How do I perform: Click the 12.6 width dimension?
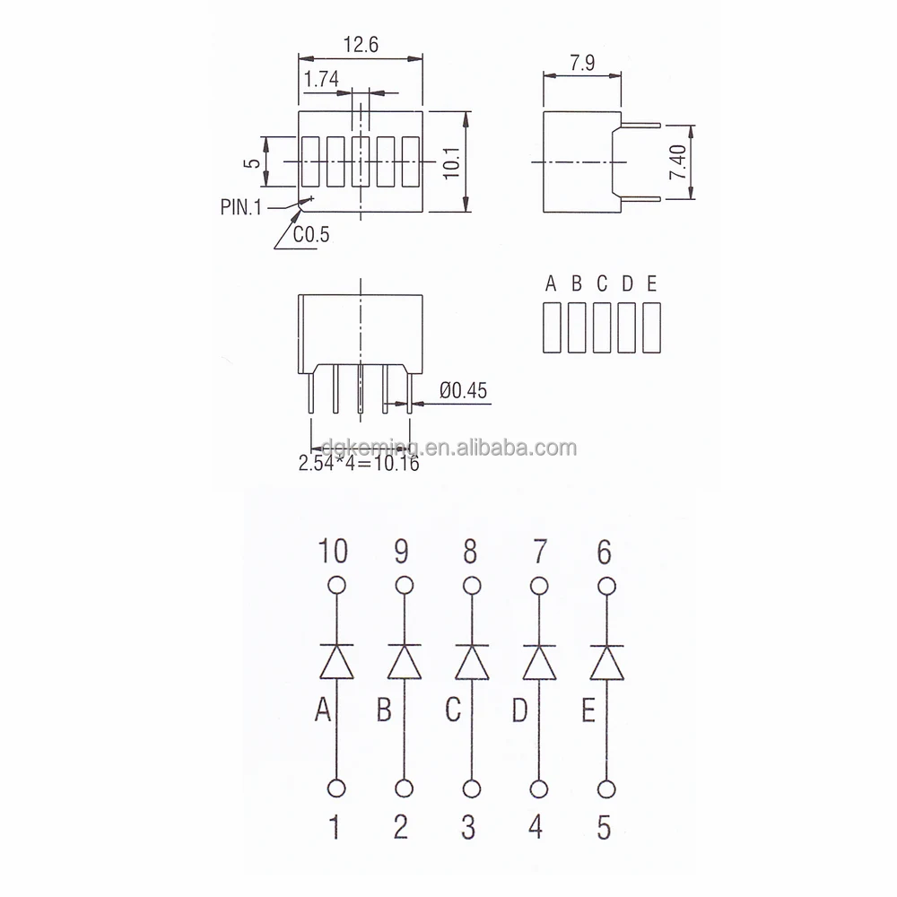tap(361, 45)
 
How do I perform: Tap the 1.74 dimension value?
tap(321, 79)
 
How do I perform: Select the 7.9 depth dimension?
tap(582, 63)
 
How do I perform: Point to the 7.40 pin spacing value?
tap(678, 161)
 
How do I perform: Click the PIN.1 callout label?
tap(240, 207)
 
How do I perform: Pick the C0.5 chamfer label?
tap(311, 234)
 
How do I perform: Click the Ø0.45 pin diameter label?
tap(463, 391)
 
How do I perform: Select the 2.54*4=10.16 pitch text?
tap(359, 463)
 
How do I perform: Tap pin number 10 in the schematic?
tap(333, 551)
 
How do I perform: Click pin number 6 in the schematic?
tap(604, 552)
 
